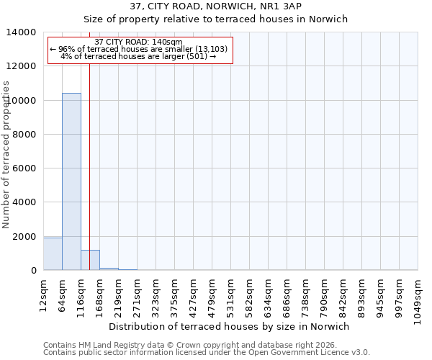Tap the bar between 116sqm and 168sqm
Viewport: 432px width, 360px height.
(90, 260)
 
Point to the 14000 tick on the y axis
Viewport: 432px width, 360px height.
(22, 32)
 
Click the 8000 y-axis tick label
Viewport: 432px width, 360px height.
(25, 135)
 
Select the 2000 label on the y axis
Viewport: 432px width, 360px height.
(25, 237)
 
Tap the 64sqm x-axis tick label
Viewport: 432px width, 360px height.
(62, 292)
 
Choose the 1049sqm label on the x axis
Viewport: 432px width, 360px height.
(418, 298)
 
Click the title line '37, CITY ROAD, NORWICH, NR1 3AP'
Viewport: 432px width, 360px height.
(216, 6)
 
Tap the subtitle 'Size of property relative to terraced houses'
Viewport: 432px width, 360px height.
(216, 19)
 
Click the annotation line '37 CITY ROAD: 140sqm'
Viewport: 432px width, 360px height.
(139, 42)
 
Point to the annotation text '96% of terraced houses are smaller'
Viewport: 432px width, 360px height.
(139, 49)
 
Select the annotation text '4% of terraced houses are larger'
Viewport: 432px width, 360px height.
(139, 56)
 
